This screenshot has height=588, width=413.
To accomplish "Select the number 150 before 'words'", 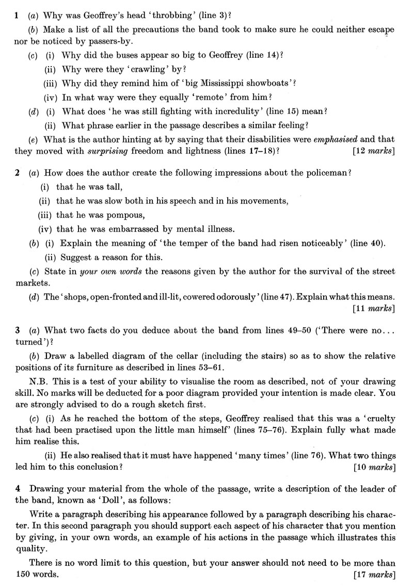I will tap(23, 574).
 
